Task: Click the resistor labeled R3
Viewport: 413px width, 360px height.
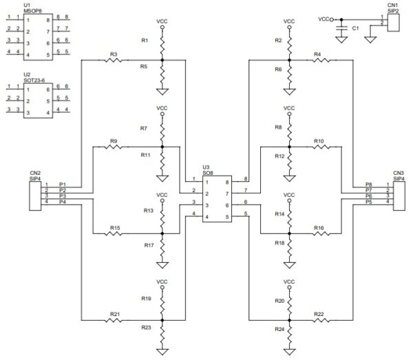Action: (114, 61)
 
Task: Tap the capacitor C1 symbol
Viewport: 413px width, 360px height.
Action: (339, 30)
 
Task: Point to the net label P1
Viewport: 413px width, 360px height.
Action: (62, 184)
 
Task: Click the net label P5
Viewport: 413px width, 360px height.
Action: (370, 202)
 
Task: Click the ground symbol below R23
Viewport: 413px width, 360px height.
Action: (162, 350)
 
